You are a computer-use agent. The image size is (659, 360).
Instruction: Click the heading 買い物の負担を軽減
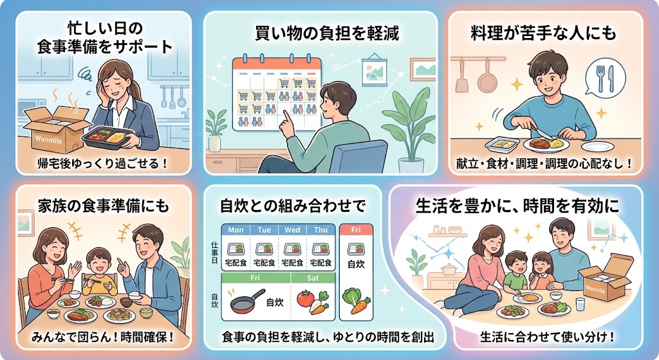(x=326, y=33)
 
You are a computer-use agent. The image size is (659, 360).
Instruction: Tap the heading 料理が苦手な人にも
(x=543, y=33)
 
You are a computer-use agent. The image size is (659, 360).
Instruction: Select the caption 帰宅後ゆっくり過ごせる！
(x=102, y=163)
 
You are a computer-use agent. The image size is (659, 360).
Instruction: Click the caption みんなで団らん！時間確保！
(x=103, y=337)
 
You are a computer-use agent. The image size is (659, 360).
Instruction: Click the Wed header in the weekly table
(x=292, y=230)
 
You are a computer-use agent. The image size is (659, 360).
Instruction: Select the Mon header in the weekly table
(x=236, y=230)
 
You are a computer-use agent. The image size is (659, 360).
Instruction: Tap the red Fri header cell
(x=355, y=230)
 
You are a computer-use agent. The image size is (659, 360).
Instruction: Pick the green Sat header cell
(x=313, y=278)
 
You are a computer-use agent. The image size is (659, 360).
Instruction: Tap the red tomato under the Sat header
(x=306, y=299)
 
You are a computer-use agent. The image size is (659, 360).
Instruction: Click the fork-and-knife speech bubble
(x=605, y=78)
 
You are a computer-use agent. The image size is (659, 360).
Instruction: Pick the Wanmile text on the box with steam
(x=49, y=138)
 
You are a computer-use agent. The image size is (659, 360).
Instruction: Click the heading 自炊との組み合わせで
(x=293, y=206)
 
